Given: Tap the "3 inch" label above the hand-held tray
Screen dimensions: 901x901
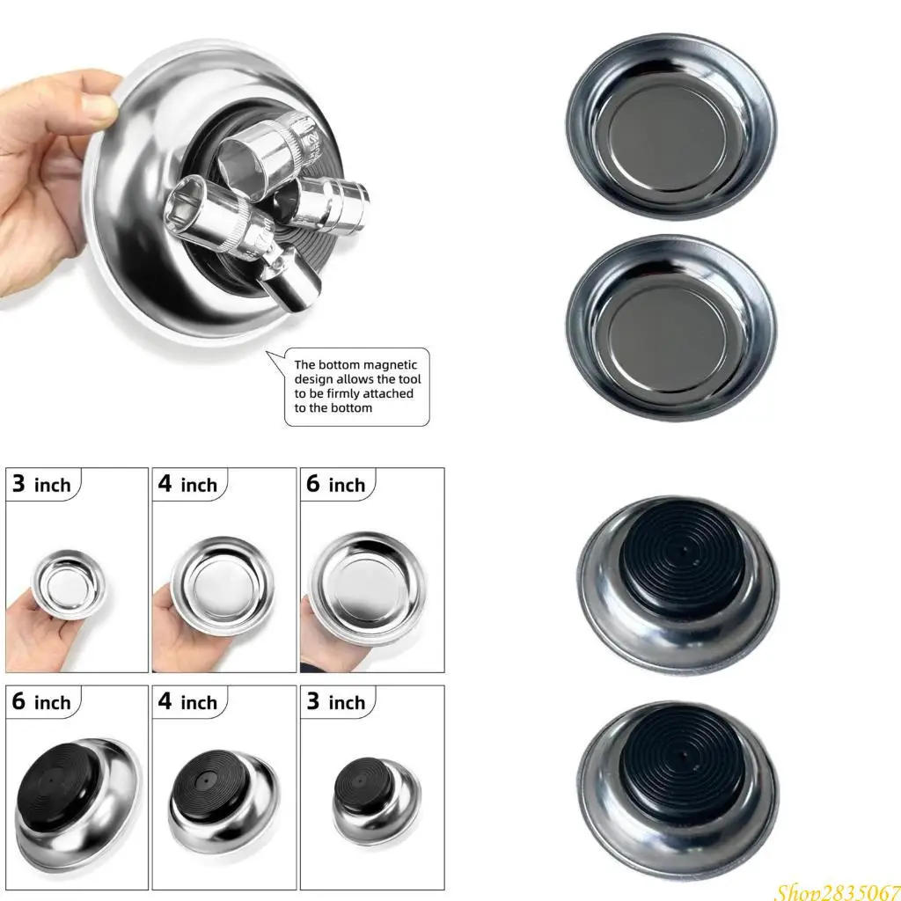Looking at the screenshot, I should [x=42, y=484].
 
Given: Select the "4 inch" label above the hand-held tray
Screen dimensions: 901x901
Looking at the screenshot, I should [x=188, y=484].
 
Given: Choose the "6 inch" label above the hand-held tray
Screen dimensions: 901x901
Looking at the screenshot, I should [x=336, y=484].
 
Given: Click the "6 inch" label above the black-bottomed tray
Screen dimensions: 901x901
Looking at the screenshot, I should [x=42, y=702].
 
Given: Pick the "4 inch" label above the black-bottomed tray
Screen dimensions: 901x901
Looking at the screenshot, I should [x=188, y=702].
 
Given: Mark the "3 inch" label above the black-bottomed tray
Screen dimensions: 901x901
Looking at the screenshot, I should [x=336, y=702].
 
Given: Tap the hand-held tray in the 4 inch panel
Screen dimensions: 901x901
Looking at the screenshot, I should [x=223, y=584].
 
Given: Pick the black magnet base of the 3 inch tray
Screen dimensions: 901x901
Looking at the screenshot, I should [x=359, y=778].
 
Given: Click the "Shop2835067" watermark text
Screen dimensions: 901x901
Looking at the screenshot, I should [x=836, y=890].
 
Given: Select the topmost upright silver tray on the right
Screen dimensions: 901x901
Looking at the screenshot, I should [x=672, y=127].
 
